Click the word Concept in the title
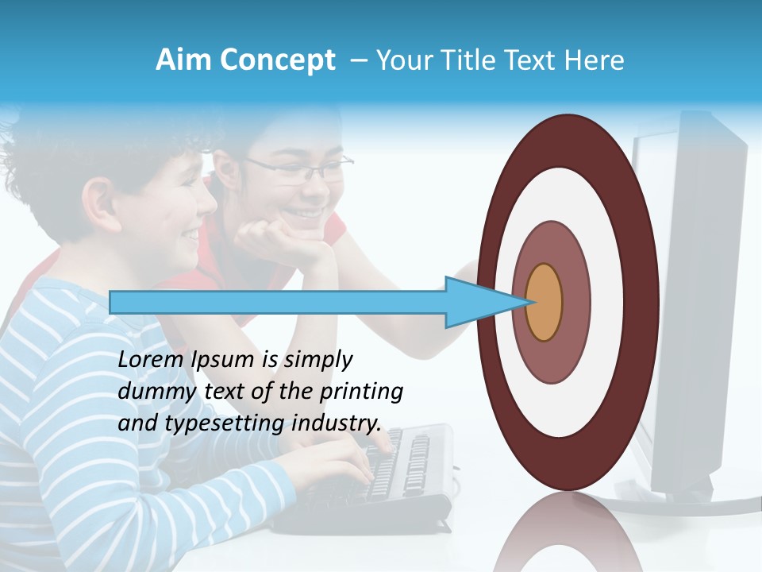tap(275, 60)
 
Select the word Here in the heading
tap(594, 60)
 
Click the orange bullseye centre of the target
tap(544, 302)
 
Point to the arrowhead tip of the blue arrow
tap(529, 302)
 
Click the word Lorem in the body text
tap(152, 359)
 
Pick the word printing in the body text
tap(361, 392)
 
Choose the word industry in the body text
tap(333, 423)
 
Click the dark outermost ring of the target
tap(645, 302)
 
